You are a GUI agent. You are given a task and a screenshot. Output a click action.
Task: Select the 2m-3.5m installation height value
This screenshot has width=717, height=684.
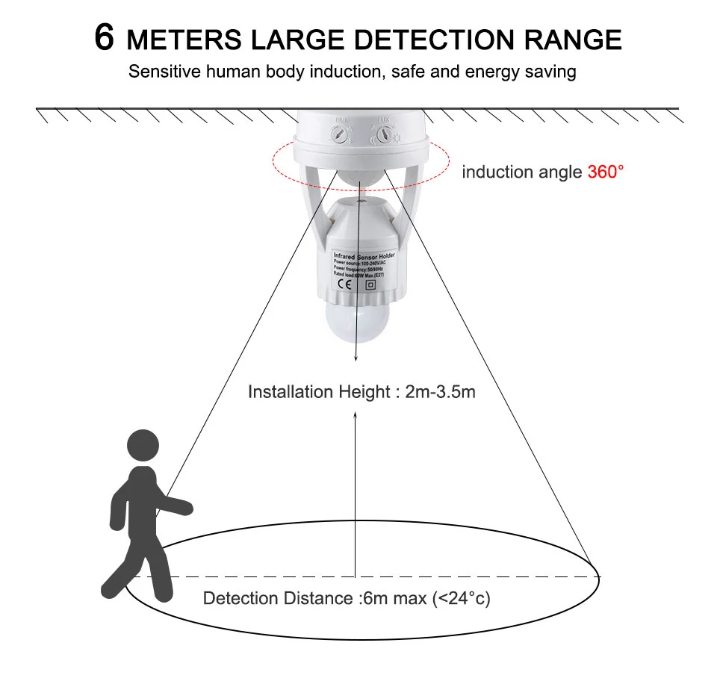coord(440,392)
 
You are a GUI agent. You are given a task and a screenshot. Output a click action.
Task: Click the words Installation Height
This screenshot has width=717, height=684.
coord(320,392)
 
